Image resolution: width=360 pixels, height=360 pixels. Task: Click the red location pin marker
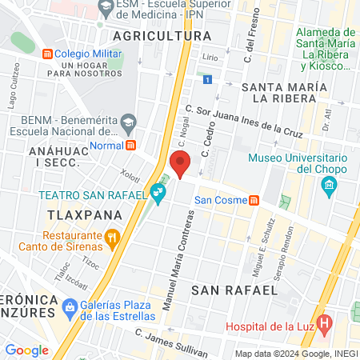coord(181,163)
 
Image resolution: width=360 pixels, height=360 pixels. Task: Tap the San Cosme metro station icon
coord(254,200)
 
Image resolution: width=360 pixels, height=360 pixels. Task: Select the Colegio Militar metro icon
coord(47,54)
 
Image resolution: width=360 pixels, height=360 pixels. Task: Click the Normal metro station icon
coord(130,146)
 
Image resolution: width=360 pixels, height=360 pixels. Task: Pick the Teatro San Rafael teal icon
coord(159,192)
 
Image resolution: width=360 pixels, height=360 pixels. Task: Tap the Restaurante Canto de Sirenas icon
coord(112,236)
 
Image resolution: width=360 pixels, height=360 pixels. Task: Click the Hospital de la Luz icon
coord(324,326)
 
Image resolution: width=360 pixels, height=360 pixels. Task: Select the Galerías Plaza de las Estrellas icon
coord(70,306)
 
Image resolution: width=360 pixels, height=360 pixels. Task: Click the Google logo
coord(26,350)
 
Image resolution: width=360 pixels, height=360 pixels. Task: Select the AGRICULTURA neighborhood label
coord(162,37)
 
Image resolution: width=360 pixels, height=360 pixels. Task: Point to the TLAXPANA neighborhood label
coord(84,215)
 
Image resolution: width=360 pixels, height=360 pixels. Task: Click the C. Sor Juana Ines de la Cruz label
coord(243,119)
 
